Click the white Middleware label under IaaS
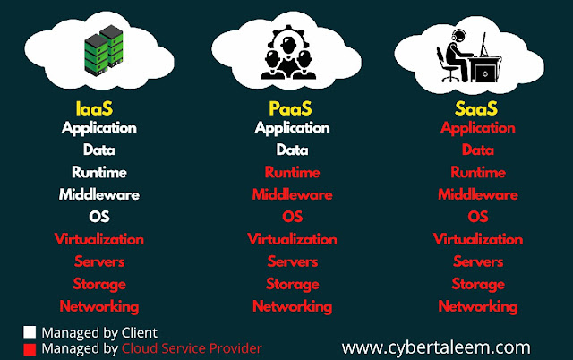tap(98, 194)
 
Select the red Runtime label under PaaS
tap(292, 172)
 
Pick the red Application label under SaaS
tap(478, 128)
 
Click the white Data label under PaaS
tap(292, 150)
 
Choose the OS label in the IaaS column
tap(98, 217)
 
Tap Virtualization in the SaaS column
tap(478, 239)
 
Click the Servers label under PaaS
tap(292, 261)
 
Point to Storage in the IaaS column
tap(98, 284)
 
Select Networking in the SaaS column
tap(478, 306)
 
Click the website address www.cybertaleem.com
tap(436, 345)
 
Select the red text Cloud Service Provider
tap(192, 347)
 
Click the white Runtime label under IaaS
tap(98, 172)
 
